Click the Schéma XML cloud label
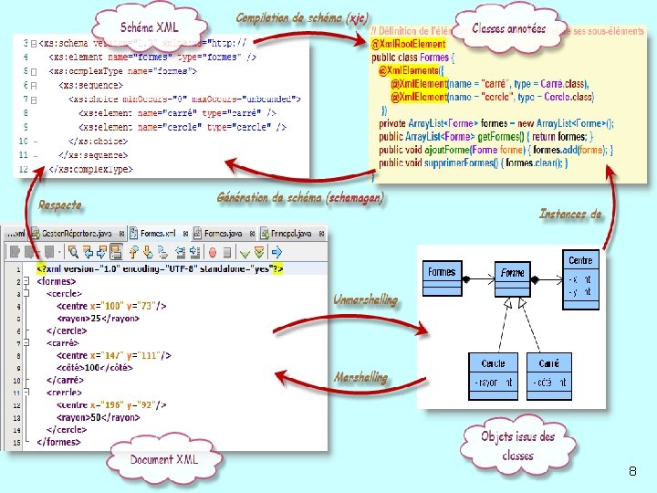(x=150, y=28)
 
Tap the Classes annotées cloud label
(x=509, y=28)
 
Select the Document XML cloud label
(x=163, y=459)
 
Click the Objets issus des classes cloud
(x=518, y=445)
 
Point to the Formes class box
(x=442, y=272)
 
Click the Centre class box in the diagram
(x=580, y=274)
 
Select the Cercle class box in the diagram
(x=494, y=374)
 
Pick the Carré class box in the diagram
(x=549, y=374)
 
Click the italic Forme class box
(x=513, y=272)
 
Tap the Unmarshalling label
(x=365, y=299)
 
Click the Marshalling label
(x=360, y=377)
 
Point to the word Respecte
(x=59, y=205)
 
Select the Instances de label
(x=570, y=214)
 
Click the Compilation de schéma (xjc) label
(x=302, y=18)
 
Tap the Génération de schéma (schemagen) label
(x=300, y=197)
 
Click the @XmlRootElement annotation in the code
(x=409, y=44)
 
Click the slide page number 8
(x=632, y=471)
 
